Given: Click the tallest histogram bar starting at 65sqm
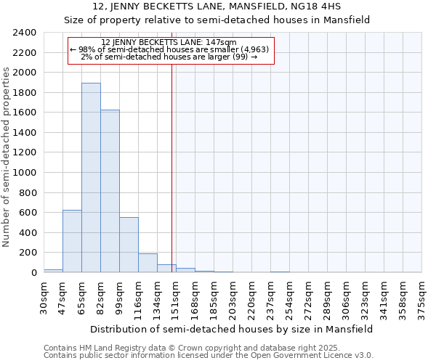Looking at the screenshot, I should (x=91, y=178).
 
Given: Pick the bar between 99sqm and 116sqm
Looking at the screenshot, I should (x=129, y=245).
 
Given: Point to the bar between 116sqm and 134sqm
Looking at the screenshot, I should (x=148, y=263).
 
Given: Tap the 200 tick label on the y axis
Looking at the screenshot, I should (x=28, y=253).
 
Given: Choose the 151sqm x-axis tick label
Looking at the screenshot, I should (x=176, y=296).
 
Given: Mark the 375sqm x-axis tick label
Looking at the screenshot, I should (x=422, y=296).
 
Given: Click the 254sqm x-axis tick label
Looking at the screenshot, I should (x=289, y=296).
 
